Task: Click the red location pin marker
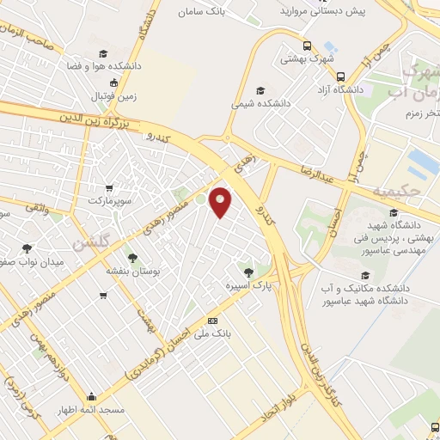coord(221,201)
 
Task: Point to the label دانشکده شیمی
coord(260,103)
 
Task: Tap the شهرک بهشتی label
coord(312,58)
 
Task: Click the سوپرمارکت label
coord(110,200)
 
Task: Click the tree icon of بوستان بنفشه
coord(131,257)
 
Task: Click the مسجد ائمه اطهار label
coord(91,409)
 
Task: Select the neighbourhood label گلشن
coord(90,244)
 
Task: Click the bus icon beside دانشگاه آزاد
coord(341,76)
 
